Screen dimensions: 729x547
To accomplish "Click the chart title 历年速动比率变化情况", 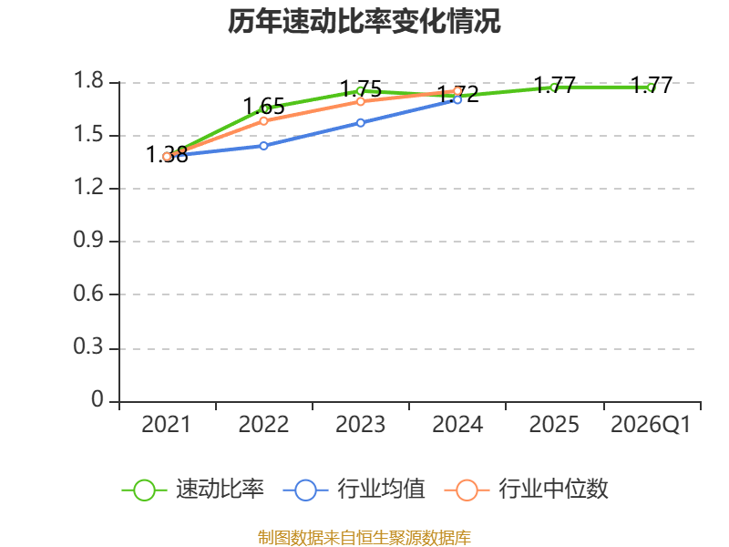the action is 364,21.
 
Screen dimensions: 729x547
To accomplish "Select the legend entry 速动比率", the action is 193,490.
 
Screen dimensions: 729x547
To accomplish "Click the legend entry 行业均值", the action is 354,490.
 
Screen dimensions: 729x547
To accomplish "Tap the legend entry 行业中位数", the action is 527,490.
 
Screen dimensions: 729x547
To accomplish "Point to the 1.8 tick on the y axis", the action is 88,80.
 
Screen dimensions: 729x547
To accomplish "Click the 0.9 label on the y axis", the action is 88,240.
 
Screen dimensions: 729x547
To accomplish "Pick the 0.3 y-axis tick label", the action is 88,346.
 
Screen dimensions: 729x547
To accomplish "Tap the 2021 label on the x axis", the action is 166,424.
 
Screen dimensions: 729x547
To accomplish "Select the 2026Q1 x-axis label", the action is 651,424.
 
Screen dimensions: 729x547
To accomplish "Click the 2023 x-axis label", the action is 360,424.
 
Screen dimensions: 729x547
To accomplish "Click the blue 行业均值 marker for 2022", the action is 263,146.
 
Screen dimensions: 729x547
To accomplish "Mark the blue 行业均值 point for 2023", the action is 360,123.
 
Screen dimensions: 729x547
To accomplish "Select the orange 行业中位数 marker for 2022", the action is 263,121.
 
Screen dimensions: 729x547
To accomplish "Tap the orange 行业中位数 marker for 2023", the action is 360,101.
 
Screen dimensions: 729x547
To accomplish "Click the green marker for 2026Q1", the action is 651,88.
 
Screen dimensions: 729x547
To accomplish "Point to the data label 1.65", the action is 263,107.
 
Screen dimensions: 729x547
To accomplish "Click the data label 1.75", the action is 361,88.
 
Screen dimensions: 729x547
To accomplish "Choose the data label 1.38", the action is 167,154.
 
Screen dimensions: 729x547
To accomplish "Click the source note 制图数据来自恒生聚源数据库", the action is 364,537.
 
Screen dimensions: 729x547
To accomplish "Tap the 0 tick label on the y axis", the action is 98,399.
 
